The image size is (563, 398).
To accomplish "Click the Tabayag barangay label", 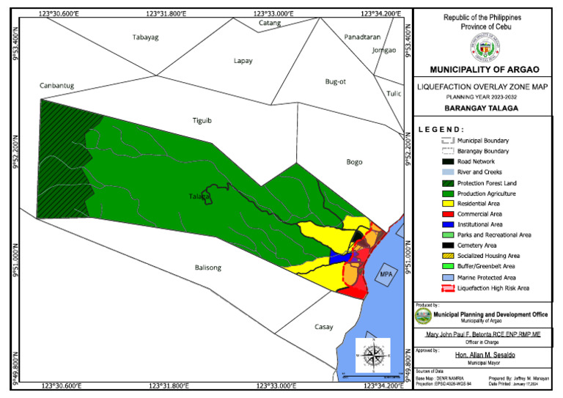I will (x=145, y=37).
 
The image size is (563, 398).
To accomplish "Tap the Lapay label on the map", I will (x=243, y=61).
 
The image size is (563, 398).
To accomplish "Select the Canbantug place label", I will (x=56, y=86).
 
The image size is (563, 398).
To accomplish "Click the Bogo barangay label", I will (x=355, y=161).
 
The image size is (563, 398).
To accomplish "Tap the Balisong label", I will (x=207, y=268).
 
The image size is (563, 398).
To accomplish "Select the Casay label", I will (x=323, y=327).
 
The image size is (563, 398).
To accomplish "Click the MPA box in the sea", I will (x=386, y=275).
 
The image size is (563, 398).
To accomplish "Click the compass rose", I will (x=372, y=356).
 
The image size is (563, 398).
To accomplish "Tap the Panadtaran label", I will (x=362, y=37).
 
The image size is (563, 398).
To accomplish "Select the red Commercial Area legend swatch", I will (x=446, y=214).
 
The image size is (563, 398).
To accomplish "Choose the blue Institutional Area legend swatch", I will (x=446, y=224).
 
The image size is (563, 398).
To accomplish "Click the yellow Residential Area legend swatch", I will (x=446, y=204).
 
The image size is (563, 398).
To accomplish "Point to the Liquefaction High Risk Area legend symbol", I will (x=446, y=288).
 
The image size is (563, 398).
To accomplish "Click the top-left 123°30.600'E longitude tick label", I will (x=62, y=12).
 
